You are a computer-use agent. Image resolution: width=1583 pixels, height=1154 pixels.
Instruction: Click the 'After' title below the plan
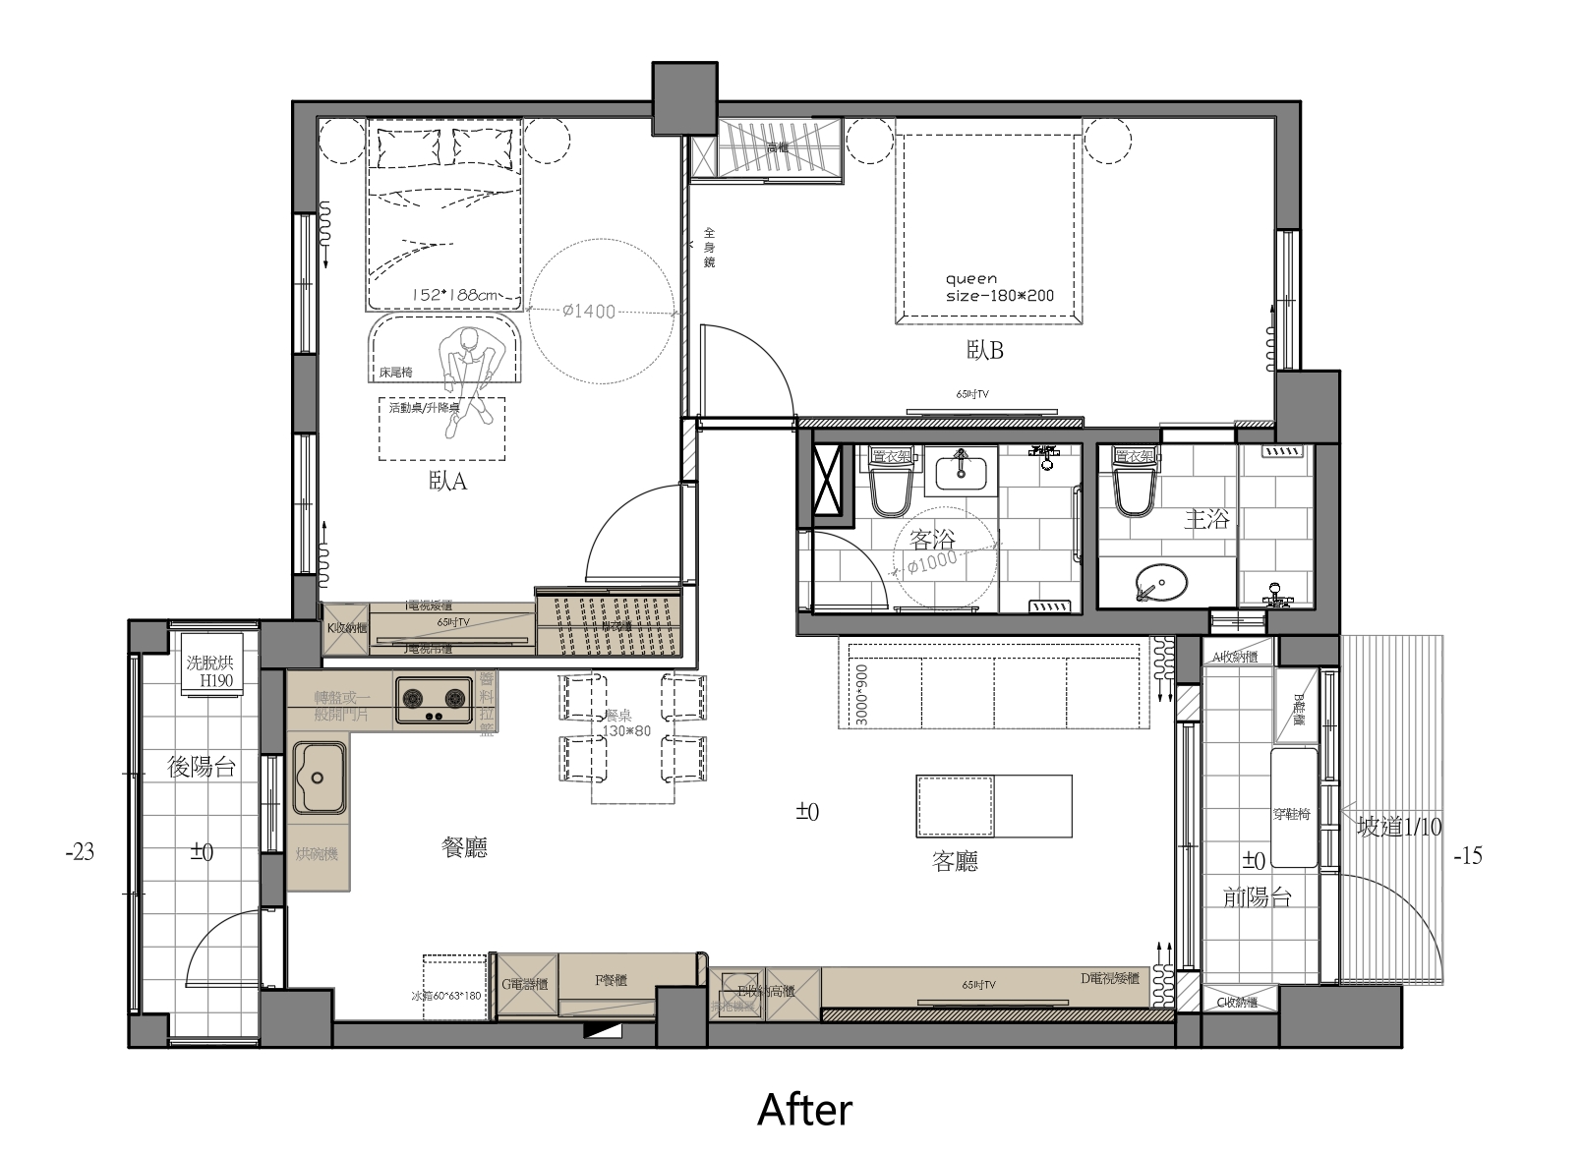click(804, 1109)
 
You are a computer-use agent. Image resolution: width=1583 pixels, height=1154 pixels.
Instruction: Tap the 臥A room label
click(447, 482)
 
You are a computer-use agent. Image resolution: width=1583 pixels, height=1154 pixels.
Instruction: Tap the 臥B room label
click(984, 351)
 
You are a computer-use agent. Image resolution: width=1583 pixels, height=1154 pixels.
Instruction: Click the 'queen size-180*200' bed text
click(999, 287)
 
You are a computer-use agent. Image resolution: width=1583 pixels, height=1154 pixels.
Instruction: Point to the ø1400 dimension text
click(589, 312)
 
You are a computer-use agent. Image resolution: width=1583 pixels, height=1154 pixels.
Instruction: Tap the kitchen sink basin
click(319, 778)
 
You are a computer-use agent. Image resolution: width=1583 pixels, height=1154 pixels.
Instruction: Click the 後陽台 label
click(203, 767)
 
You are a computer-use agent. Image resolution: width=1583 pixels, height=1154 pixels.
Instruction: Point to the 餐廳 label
click(464, 848)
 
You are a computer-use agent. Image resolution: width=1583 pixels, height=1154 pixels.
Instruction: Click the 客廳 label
click(955, 862)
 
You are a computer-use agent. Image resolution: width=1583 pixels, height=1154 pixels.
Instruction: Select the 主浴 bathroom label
click(1205, 519)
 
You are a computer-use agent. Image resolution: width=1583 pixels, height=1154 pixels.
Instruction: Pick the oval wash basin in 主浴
click(1160, 583)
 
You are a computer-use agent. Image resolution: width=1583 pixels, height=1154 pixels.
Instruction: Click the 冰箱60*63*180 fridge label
click(445, 996)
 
